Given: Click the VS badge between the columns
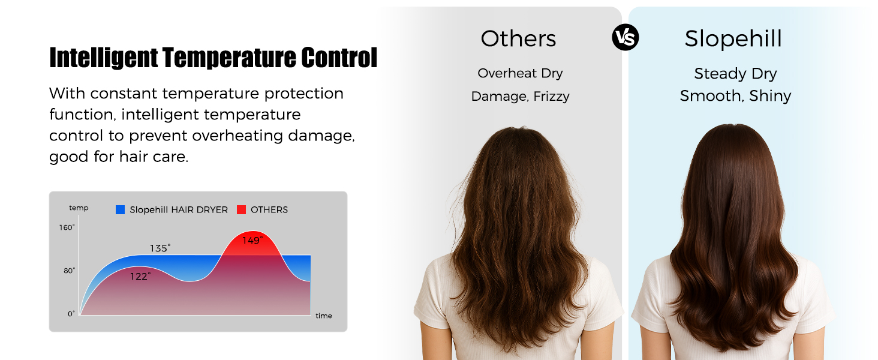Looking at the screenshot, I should pyautogui.click(x=626, y=38).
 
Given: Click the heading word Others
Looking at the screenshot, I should pyautogui.click(x=518, y=39).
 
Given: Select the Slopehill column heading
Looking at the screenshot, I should pyautogui.click(x=733, y=39).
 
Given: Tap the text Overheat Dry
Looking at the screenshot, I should pyautogui.click(x=520, y=73).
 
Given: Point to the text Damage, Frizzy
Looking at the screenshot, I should pyautogui.click(x=520, y=96).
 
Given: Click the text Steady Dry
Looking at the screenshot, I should pyautogui.click(x=735, y=74).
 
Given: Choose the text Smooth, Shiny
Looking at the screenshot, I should pyautogui.click(x=735, y=96).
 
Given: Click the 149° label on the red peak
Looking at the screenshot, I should pyautogui.click(x=252, y=241).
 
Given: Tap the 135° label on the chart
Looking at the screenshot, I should pyautogui.click(x=160, y=248).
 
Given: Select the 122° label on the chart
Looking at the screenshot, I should pyautogui.click(x=141, y=276).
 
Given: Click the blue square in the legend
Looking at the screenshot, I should pyautogui.click(x=121, y=210).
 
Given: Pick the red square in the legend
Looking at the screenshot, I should pyautogui.click(x=242, y=210).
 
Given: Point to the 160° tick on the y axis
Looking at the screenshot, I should pyautogui.click(x=67, y=227).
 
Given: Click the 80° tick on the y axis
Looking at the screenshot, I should pyautogui.click(x=70, y=271).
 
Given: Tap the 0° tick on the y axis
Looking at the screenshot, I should pyautogui.click(x=71, y=313).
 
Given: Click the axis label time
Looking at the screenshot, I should pyautogui.click(x=323, y=316).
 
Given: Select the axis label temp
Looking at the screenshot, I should pyautogui.click(x=79, y=208).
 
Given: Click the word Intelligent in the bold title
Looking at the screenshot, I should pyautogui.click(x=104, y=58).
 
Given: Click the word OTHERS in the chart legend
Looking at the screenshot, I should pyautogui.click(x=269, y=210).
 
